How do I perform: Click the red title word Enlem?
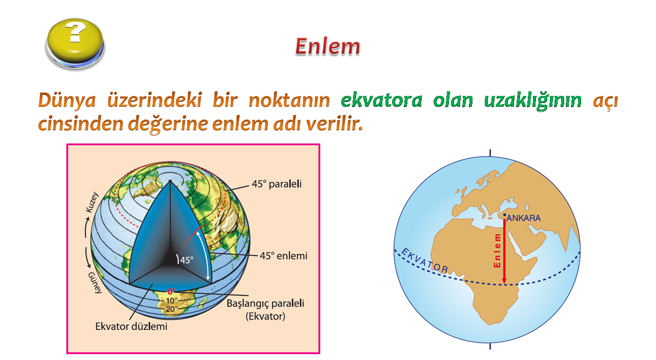327,46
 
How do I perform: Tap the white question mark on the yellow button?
75,32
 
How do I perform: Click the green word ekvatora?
382,101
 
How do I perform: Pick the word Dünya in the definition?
67,101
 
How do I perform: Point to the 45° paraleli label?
276,184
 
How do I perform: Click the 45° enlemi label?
283,255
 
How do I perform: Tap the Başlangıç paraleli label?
265,304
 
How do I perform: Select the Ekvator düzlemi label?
131,327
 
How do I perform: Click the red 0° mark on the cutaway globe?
172,291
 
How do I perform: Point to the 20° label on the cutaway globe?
170,309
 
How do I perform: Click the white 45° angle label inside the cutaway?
187,260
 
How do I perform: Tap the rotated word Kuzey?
92,202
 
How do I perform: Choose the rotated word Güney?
95,283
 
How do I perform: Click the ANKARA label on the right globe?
524,218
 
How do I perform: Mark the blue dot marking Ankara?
505,215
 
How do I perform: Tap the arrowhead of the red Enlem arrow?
504,281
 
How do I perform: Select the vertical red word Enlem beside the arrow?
497,251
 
